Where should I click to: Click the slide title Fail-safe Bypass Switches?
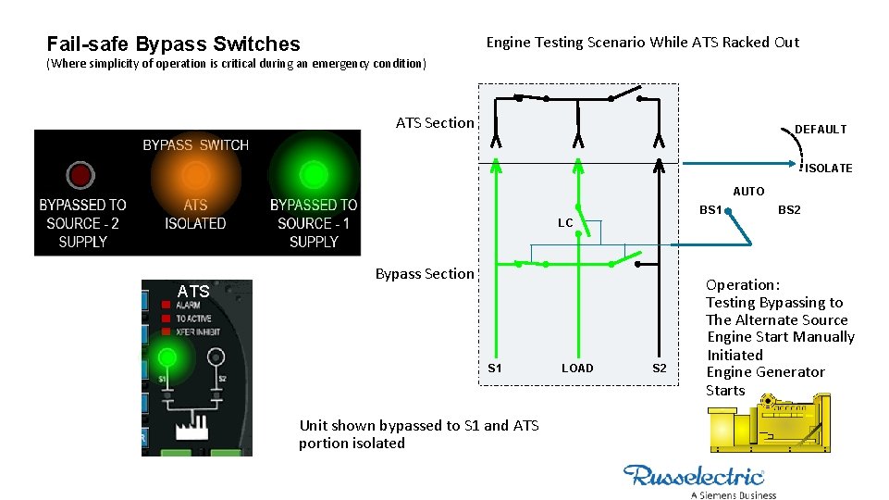tap(173, 44)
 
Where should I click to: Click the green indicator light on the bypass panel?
tap(314, 173)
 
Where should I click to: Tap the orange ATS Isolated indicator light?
tap(195, 175)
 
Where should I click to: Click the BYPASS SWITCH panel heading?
tap(195, 144)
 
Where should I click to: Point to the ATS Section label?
tap(435, 122)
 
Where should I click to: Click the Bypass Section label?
tap(425, 273)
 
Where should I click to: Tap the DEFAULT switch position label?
tap(821, 130)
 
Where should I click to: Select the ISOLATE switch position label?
tap(829, 169)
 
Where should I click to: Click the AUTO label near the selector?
tap(748, 192)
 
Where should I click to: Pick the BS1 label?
tap(710, 210)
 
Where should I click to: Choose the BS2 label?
tap(789, 210)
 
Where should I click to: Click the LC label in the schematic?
tap(565, 223)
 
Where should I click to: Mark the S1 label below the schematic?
tap(495, 369)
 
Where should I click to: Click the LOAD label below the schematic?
tap(577, 369)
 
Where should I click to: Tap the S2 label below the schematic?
tap(660, 369)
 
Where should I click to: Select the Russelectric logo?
tap(695, 478)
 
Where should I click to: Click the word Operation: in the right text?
tap(743, 285)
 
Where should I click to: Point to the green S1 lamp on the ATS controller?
tap(167, 356)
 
